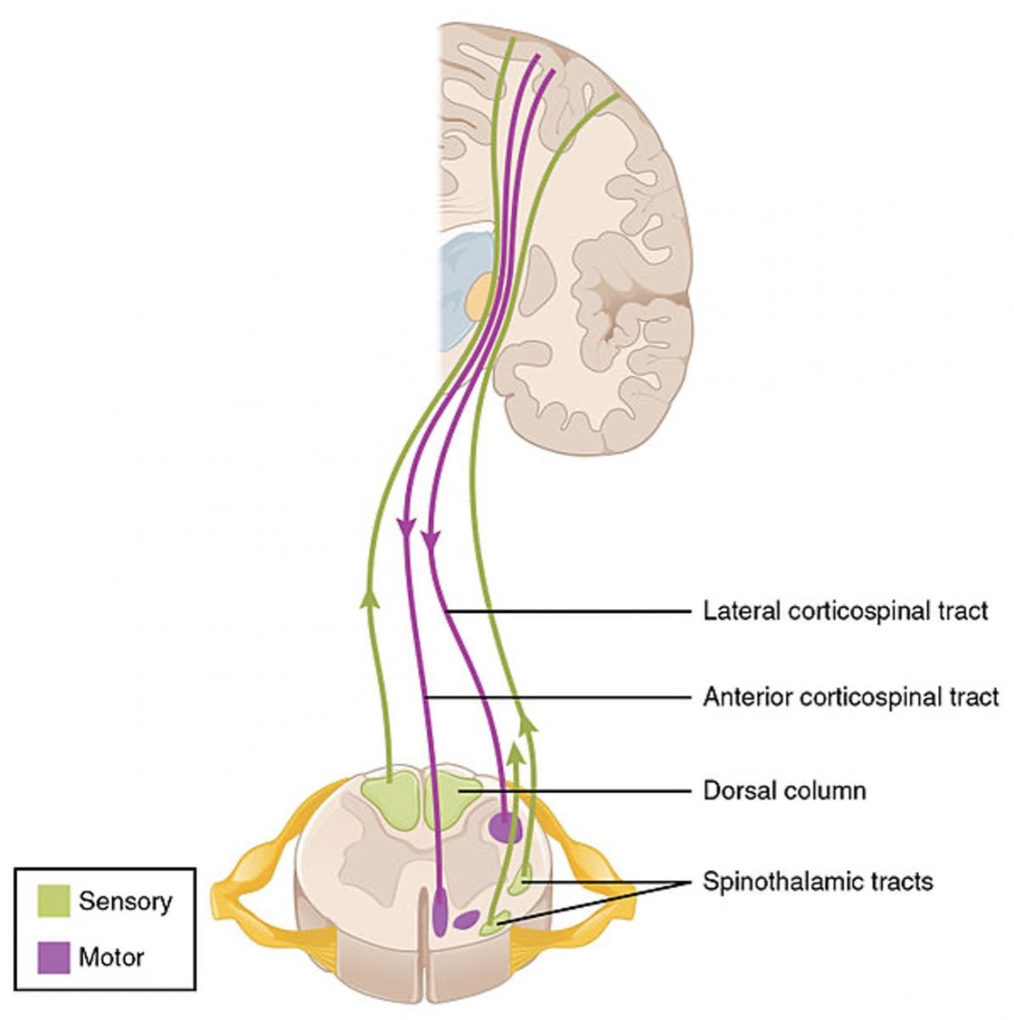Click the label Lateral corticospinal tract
[845, 611]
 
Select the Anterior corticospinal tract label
[850, 698]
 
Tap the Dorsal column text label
[785, 790]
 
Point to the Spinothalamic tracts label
[818, 882]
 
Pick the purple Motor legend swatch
[53, 957]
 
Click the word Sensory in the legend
[125, 901]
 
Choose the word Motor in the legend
[111, 957]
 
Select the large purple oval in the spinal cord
[504, 826]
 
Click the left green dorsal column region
[389, 800]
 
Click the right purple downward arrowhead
[431, 539]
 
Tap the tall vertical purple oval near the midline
[440, 911]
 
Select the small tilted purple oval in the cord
[466, 920]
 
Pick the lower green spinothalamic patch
[495, 923]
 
